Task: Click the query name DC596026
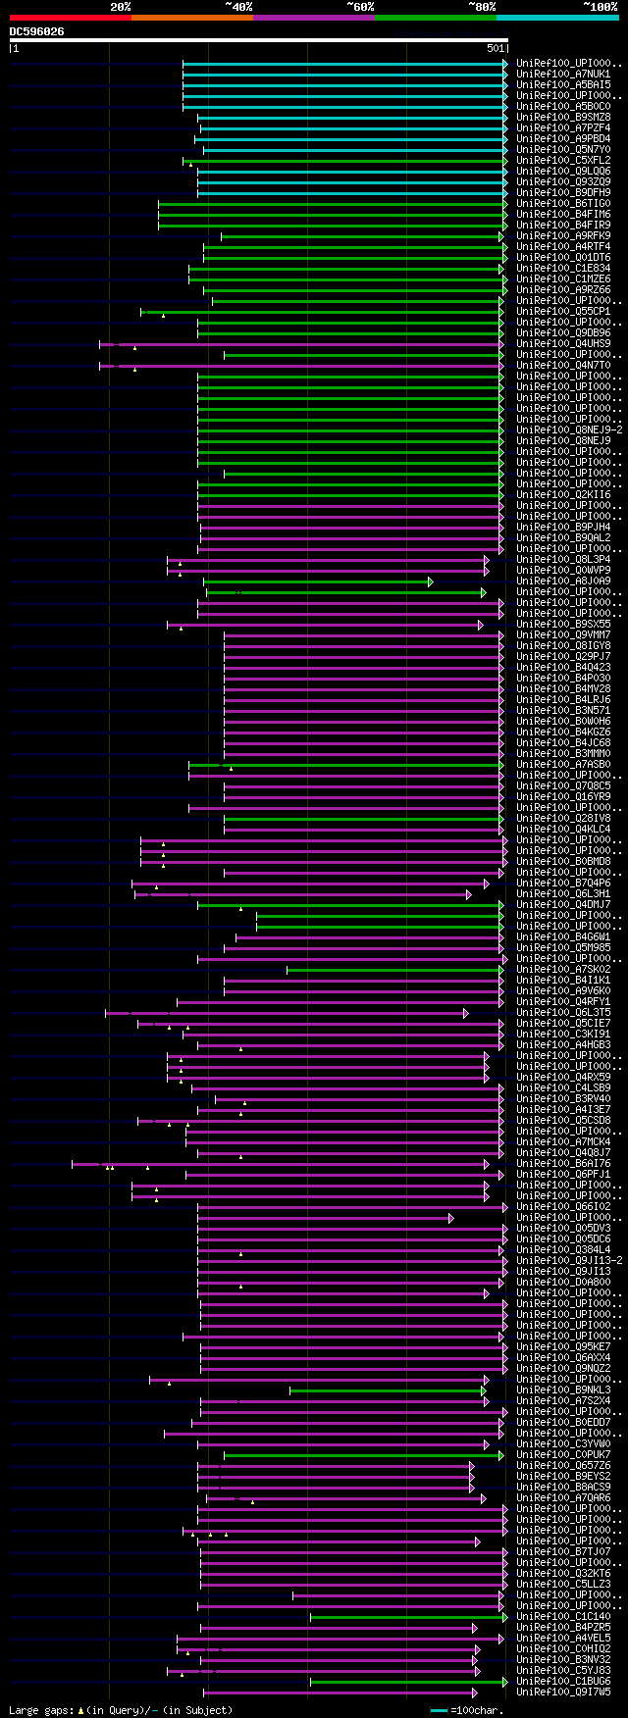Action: (x=37, y=31)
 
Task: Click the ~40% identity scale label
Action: (x=238, y=7)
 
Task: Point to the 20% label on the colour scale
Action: (x=120, y=7)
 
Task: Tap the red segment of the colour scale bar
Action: (x=70, y=17)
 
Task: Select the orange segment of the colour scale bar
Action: (x=191, y=17)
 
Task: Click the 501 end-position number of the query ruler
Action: (x=495, y=48)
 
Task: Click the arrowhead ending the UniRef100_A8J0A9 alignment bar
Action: (x=430, y=581)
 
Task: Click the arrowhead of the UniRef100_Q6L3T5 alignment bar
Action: (x=465, y=1013)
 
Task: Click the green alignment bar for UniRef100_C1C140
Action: (x=407, y=1617)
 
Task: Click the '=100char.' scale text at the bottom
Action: (x=476, y=1710)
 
